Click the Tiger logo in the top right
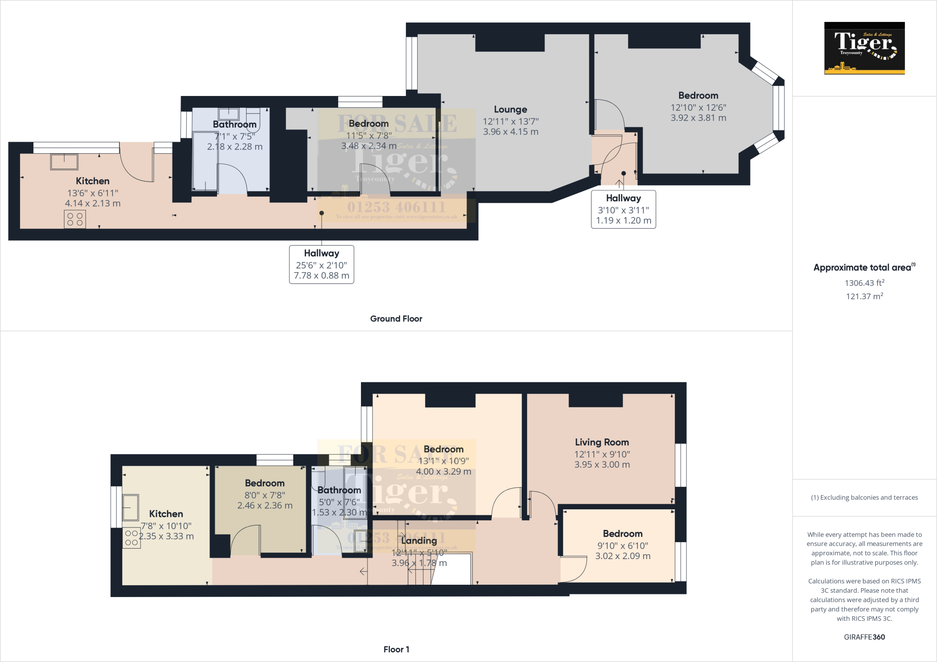[x=864, y=48]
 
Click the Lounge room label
[x=511, y=110]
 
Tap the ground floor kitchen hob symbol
[x=75, y=219]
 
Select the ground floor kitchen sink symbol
[x=64, y=162]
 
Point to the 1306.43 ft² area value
[x=864, y=283]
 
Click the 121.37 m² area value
[x=864, y=296]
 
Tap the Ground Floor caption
[x=396, y=319]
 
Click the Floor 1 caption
[x=396, y=649]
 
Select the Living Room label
[x=602, y=442]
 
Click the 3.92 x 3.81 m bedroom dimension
[x=698, y=118]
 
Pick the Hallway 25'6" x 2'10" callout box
[x=321, y=264]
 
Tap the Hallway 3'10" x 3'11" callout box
[x=623, y=209]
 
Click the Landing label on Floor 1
[x=419, y=541]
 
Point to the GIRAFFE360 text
[x=864, y=637]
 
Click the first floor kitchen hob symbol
[x=131, y=538]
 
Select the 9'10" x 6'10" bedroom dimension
[x=622, y=546]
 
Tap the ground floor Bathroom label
[x=234, y=124]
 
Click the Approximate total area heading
[x=863, y=267]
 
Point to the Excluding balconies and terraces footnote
[x=864, y=497]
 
